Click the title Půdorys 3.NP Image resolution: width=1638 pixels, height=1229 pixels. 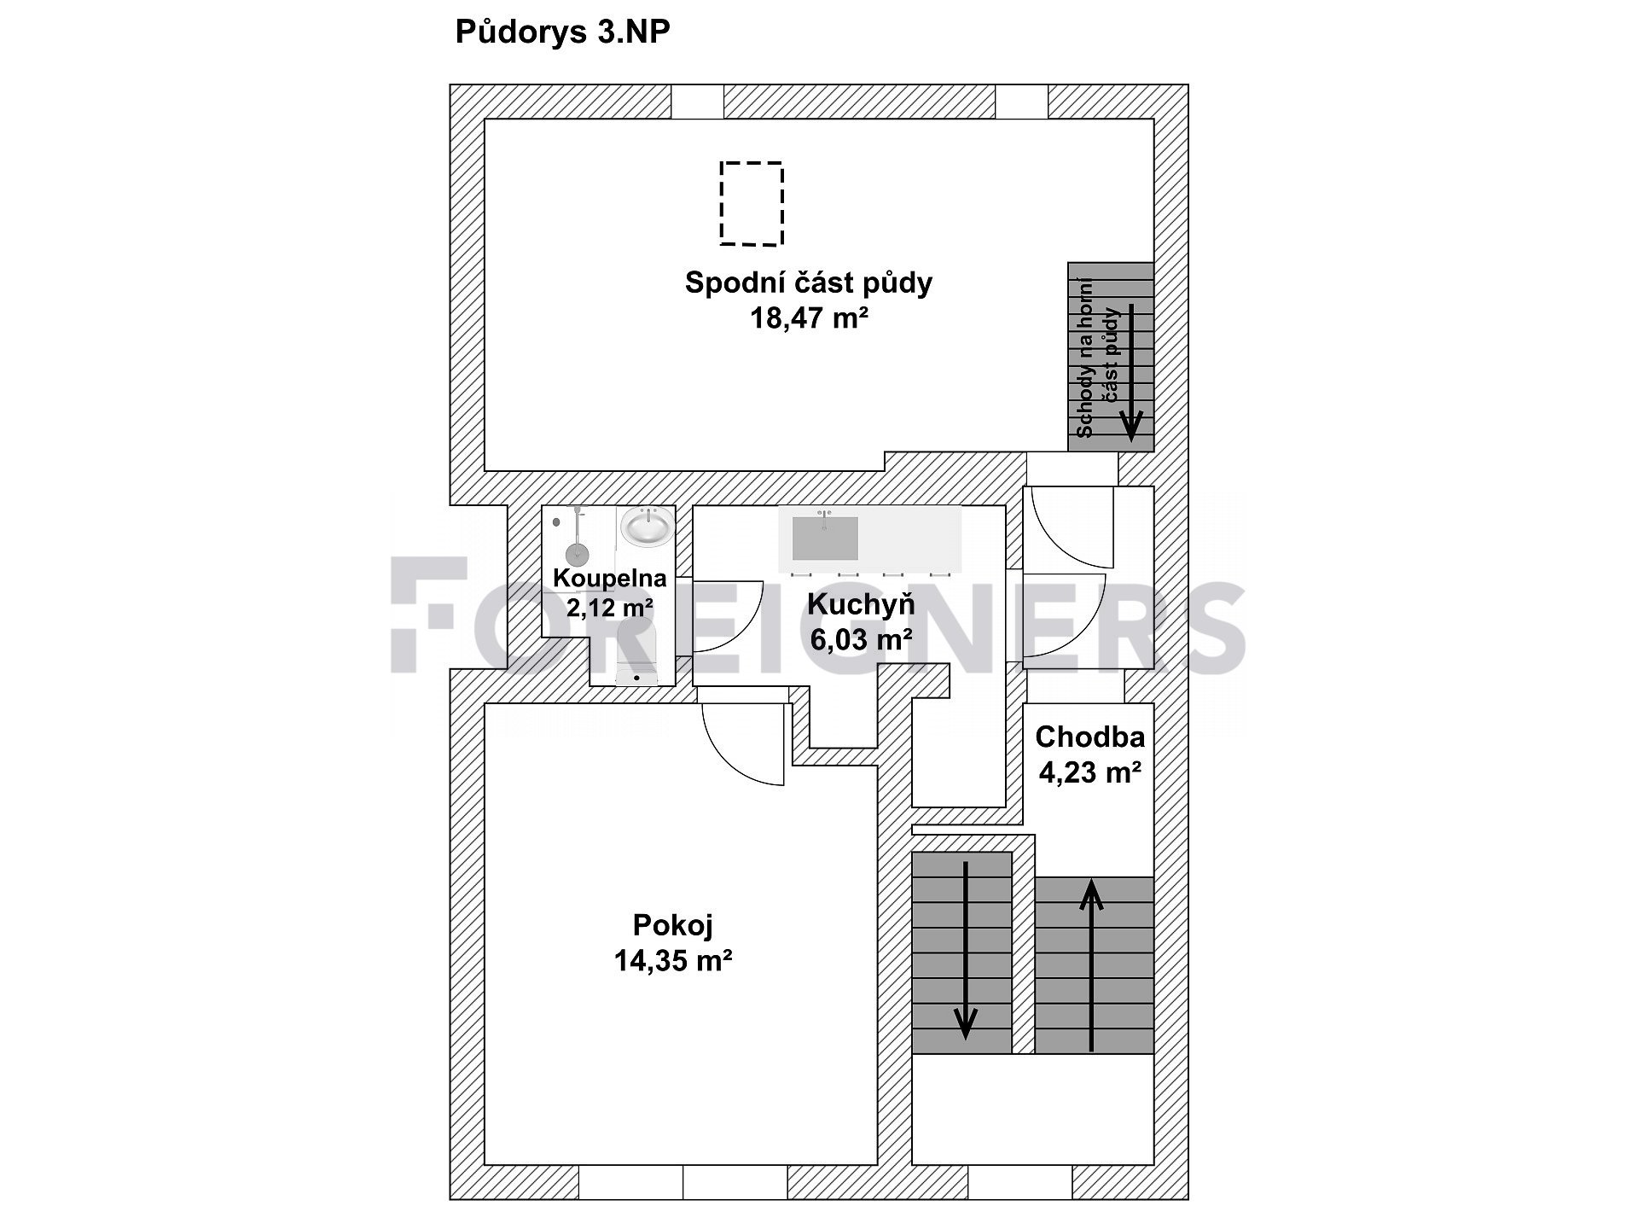tap(563, 32)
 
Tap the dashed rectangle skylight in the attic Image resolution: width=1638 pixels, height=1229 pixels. tap(752, 163)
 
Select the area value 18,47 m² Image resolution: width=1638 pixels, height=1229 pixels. tap(809, 318)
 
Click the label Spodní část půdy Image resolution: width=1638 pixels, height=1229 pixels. tap(809, 282)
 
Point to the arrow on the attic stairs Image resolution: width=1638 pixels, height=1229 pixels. tap(1131, 372)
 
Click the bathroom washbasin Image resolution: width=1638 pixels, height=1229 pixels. tap(646, 527)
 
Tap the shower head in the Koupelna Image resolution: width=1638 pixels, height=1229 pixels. tap(578, 552)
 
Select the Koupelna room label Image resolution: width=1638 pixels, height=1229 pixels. tap(609, 578)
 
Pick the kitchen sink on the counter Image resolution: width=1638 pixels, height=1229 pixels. tap(825, 537)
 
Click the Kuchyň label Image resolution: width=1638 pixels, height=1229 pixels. tap(861, 604)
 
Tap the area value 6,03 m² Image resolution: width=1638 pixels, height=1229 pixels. tap(861, 639)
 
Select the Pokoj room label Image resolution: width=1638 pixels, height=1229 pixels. tap(673, 925)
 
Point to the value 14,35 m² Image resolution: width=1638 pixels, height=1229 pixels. tap(673, 961)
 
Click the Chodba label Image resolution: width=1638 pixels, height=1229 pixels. tap(1089, 737)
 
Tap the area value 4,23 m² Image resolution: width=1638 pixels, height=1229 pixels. tap(1089, 772)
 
